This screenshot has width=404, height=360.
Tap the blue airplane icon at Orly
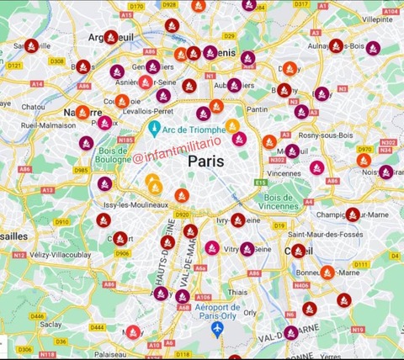[x=218, y=327]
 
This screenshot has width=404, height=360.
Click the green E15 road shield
[x=261, y=183]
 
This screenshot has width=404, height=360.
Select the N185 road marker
[x=126, y=140]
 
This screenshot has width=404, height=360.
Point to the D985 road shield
[x=82, y=170]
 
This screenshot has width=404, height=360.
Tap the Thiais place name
[x=237, y=293]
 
